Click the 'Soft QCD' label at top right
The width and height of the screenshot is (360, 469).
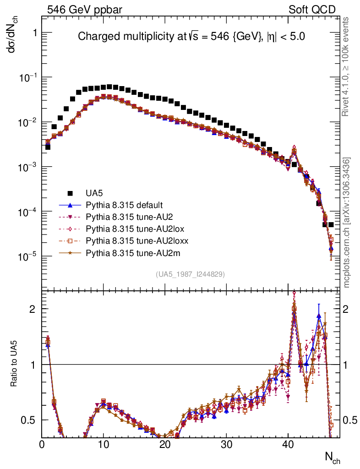(x=312, y=9)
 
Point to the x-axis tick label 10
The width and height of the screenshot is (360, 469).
(x=104, y=445)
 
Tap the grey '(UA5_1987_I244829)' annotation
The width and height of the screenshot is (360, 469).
(x=191, y=274)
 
